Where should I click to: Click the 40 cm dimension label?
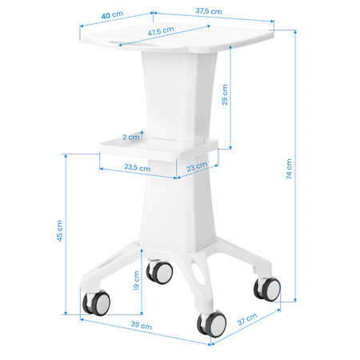point(112,14)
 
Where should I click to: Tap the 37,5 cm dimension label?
point(209,11)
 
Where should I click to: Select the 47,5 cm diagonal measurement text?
point(161,31)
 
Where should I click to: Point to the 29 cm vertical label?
point(225,94)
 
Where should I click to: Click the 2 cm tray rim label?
point(131,137)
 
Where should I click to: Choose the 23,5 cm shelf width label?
point(138,167)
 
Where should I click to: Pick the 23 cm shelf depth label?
point(197,167)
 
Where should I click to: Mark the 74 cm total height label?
point(289,169)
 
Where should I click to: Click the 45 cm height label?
point(59,230)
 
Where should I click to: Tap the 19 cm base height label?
point(136,281)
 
